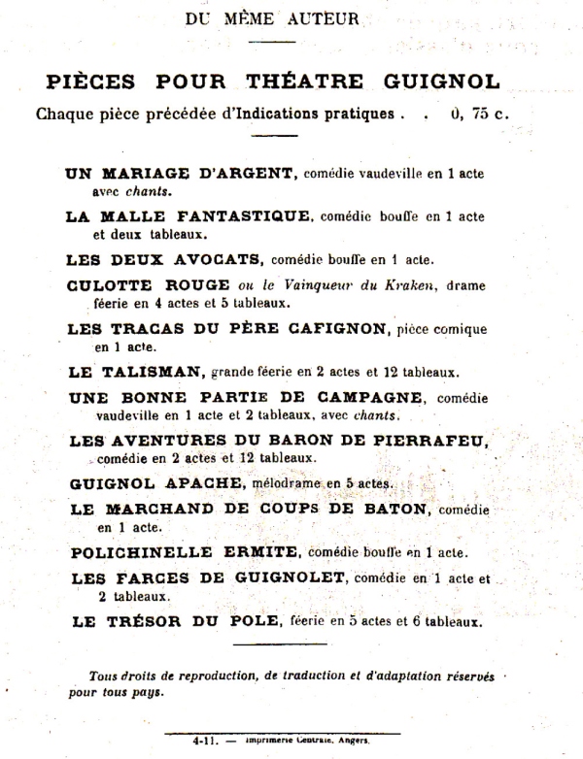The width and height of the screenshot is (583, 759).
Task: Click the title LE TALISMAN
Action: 136,371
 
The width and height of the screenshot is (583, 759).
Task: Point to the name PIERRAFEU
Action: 433,441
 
